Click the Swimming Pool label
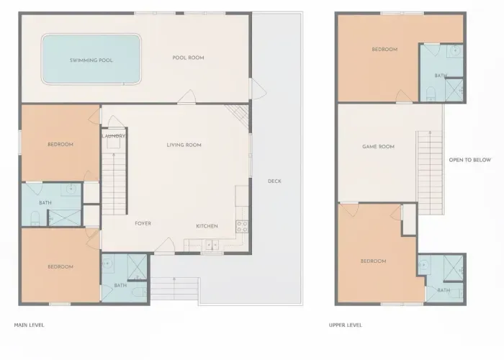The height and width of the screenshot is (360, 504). [91, 60]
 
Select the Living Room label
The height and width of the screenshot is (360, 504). [184, 145]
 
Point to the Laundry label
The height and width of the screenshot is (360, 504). [114, 136]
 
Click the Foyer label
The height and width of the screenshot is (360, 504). [143, 224]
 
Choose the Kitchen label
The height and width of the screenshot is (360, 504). [207, 226]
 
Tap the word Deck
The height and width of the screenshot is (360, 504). [274, 181]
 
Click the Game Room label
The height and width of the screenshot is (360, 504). [378, 147]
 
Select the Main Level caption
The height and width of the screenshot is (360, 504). [30, 325]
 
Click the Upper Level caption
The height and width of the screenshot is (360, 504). [346, 325]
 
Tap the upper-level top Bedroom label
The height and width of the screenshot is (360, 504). [384, 50]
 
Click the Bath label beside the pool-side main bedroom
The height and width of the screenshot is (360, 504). [45, 203]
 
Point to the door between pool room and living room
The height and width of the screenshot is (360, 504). [192, 96]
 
